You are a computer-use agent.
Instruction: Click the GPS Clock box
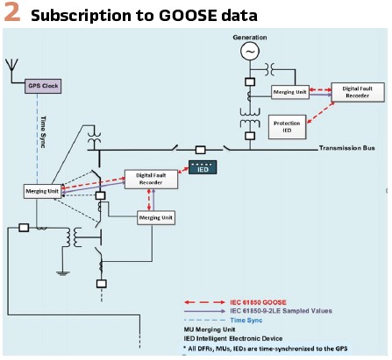click(43, 86)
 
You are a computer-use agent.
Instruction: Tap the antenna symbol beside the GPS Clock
click(11, 70)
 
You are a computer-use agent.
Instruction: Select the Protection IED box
click(288, 127)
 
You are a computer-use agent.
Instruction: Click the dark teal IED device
click(203, 167)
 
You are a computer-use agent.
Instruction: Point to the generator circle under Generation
click(250, 51)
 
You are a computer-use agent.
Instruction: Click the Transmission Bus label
click(346, 148)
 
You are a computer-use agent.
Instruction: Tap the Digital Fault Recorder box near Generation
click(358, 92)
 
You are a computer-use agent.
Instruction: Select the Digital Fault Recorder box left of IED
click(151, 179)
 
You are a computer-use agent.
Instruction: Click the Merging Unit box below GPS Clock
click(42, 191)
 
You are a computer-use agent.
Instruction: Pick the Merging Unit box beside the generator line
click(290, 92)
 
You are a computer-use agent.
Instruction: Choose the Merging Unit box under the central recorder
click(156, 218)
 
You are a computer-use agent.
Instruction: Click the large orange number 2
click(12, 11)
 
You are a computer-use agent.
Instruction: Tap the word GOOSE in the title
click(189, 15)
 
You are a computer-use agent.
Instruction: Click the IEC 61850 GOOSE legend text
click(258, 302)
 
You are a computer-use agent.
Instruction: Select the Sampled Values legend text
click(281, 311)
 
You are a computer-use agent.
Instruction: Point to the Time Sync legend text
click(246, 321)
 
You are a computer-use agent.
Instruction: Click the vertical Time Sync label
click(43, 132)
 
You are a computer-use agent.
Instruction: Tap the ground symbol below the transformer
click(63, 273)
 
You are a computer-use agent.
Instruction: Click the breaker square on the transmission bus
click(200, 150)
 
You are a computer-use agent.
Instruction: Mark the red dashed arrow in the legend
click(204, 302)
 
